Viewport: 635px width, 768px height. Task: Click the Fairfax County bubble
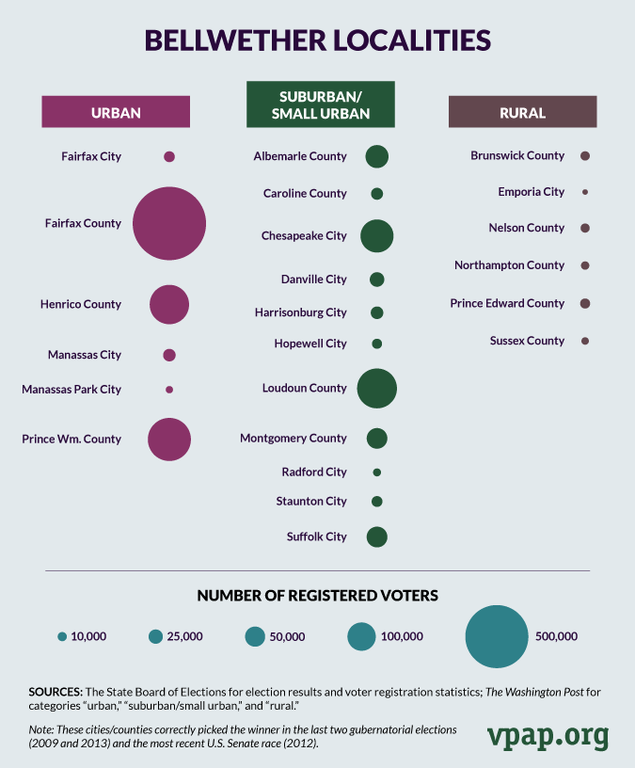point(169,224)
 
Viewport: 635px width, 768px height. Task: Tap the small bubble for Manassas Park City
point(169,389)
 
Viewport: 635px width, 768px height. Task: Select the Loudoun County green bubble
point(377,388)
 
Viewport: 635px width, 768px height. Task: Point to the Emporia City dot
point(585,192)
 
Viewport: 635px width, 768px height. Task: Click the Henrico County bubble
point(169,305)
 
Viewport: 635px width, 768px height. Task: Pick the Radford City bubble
point(377,472)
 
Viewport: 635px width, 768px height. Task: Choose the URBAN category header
point(116,113)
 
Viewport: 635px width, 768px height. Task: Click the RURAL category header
point(522,113)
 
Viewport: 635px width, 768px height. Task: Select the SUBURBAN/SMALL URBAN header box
point(320,104)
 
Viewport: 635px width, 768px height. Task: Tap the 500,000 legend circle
point(496,636)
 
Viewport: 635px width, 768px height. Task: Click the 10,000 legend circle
point(62,636)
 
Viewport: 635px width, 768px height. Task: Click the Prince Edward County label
point(507,303)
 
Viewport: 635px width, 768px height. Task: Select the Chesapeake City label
point(304,236)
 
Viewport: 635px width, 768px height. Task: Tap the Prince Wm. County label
point(71,439)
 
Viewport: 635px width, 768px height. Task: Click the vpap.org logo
point(548,735)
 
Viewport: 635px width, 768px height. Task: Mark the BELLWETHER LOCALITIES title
point(317,41)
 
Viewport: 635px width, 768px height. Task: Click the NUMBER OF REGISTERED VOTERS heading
point(317,596)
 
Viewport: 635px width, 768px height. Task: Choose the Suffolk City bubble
point(377,536)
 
